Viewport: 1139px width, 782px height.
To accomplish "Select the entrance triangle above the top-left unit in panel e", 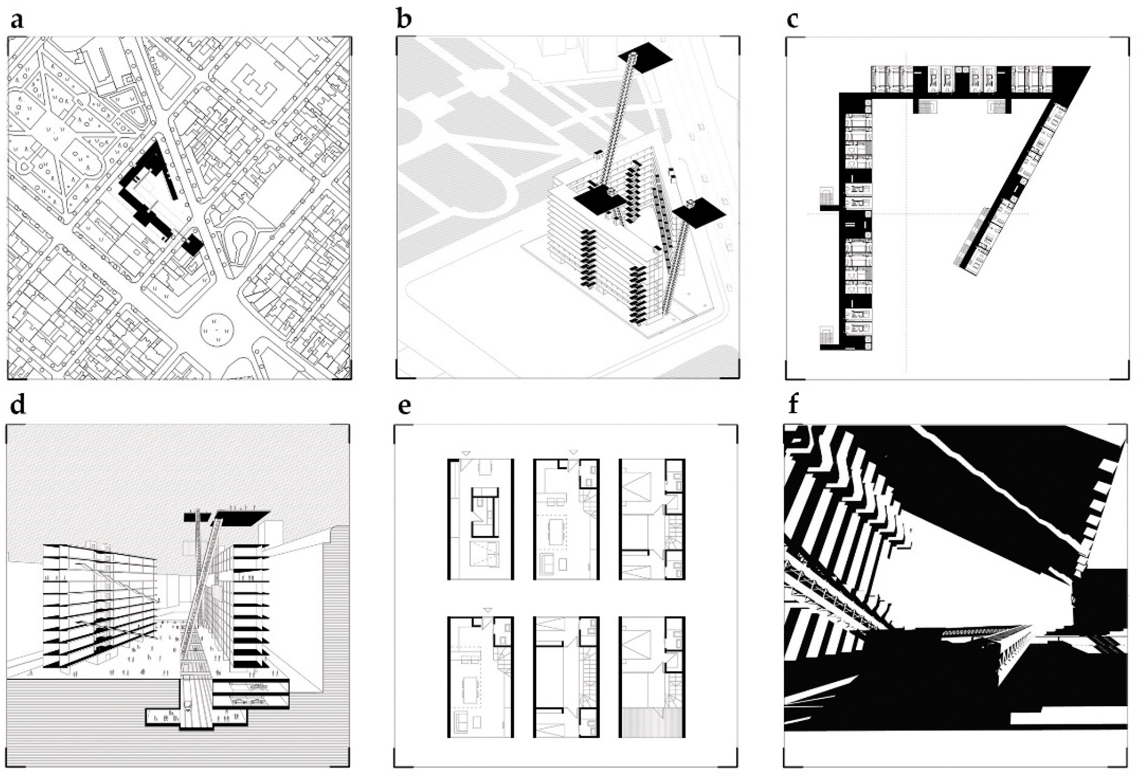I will [466, 453].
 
